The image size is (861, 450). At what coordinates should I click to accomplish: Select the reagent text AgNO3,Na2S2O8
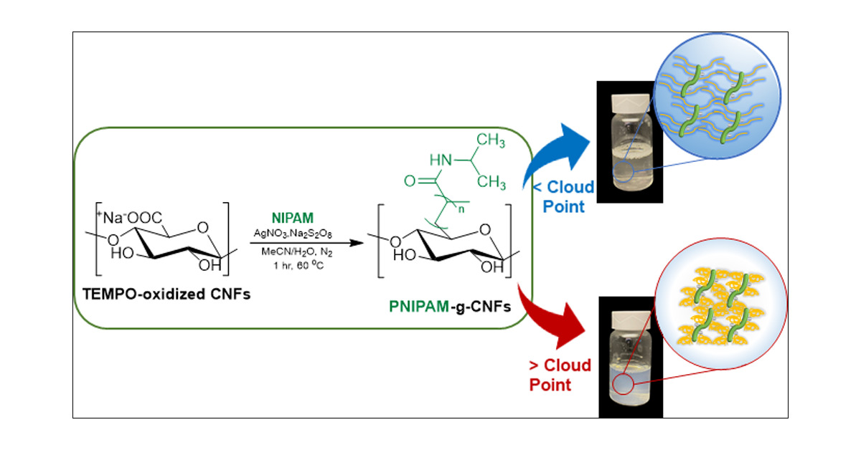[x=291, y=234]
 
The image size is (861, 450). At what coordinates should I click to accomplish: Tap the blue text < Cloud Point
[x=562, y=197]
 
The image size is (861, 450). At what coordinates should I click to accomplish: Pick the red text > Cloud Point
[x=560, y=375]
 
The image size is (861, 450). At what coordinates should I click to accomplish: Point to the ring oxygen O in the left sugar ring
[x=202, y=228]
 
